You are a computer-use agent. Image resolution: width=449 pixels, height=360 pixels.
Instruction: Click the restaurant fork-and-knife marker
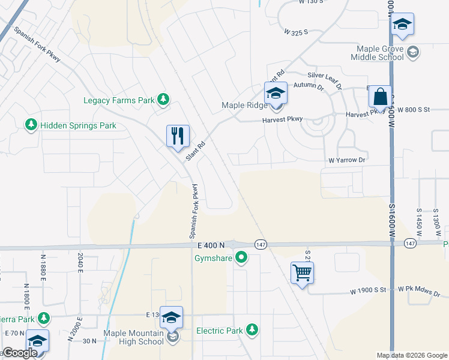pos(178,136)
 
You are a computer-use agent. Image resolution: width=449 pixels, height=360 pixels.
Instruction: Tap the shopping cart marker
pos(302,273)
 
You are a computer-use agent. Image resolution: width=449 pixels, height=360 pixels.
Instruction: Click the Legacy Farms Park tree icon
pos(162,100)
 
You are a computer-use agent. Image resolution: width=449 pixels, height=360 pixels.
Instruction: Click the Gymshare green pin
pos(241,259)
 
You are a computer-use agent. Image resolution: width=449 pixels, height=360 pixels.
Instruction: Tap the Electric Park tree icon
pos(253,329)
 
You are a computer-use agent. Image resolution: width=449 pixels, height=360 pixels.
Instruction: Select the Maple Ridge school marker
pos(276,94)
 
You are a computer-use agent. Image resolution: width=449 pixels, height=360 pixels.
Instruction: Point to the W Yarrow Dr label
pos(346,160)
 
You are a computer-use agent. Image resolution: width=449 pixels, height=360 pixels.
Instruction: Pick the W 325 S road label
pos(296,31)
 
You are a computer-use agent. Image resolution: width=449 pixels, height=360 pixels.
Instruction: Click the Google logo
pos(20,353)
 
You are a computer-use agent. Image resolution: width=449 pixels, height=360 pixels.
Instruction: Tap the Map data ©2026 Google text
pos(411,355)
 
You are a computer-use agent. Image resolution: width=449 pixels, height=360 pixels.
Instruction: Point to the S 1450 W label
pos(419,220)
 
